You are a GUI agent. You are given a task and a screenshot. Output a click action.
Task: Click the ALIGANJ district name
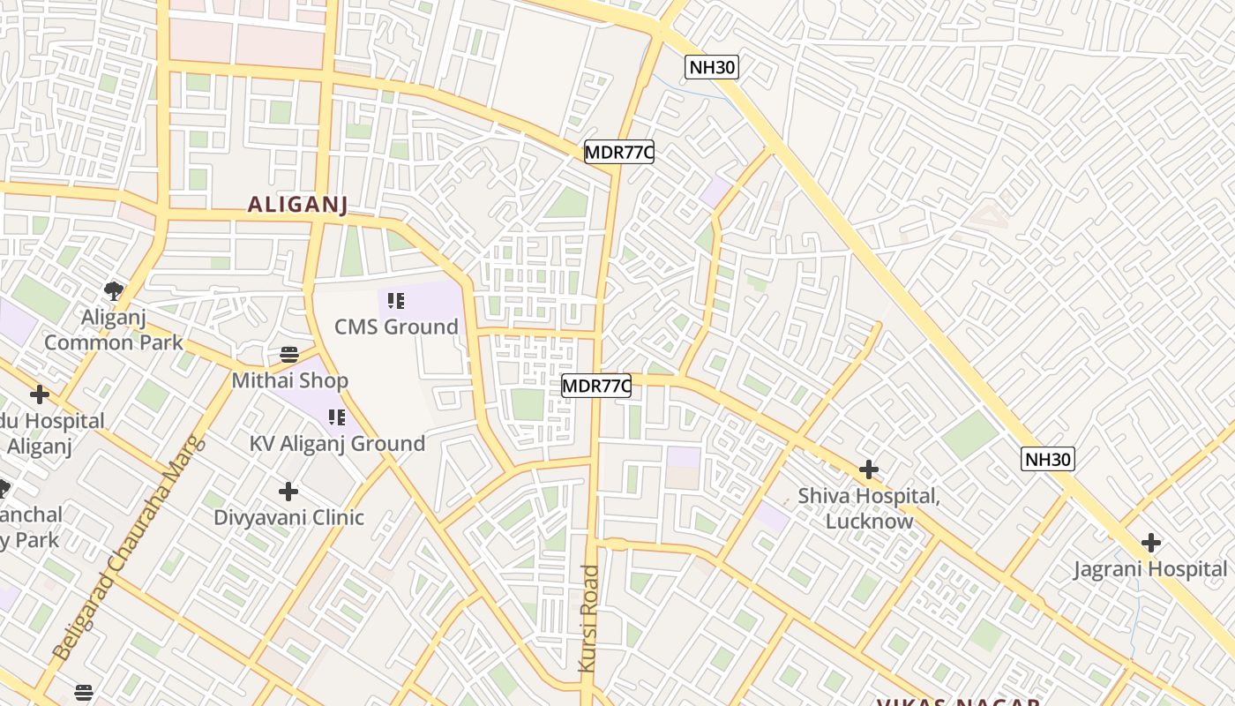coord(297,205)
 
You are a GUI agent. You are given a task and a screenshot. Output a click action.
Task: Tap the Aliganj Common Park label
coord(114,329)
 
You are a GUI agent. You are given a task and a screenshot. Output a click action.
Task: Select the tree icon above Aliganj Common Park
coord(113,290)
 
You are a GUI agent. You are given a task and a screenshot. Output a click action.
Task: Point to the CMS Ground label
coord(396,327)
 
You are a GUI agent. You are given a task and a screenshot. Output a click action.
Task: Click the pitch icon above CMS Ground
coord(396,301)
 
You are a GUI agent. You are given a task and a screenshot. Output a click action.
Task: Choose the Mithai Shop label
coord(289,380)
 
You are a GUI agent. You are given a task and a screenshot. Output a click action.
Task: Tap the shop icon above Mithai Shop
coord(289,355)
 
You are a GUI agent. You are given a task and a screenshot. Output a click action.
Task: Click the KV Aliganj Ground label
coord(338,443)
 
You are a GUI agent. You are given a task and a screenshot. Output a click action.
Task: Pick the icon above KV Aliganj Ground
coord(336,417)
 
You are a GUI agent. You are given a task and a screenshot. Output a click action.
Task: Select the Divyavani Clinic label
coord(288,517)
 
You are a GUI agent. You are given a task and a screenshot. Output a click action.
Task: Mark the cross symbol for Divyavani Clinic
coord(288,492)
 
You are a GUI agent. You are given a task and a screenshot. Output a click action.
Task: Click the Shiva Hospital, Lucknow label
coord(869,508)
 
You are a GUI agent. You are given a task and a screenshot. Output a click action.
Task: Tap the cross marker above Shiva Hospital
coord(869,469)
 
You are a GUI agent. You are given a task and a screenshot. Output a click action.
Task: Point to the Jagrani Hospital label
coord(1150,569)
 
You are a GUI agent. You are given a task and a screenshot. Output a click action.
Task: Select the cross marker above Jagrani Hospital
coord(1150,543)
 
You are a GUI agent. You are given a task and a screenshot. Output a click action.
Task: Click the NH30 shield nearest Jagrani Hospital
coord(1048,459)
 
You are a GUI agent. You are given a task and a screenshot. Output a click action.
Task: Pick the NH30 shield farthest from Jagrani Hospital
coord(711,67)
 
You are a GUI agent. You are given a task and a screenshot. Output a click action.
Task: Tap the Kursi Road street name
coord(588,619)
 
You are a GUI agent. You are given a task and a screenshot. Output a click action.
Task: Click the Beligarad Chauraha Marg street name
coord(128,549)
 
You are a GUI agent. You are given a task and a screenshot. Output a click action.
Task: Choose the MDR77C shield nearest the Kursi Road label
coord(596,386)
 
